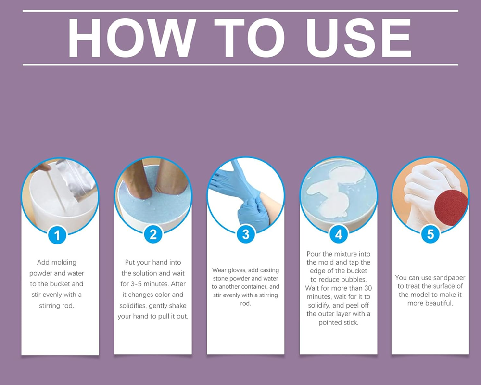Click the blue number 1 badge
(58, 235)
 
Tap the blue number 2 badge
(153, 234)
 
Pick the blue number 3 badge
(246, 234)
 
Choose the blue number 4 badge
(339, 234)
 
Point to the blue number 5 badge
(430, 234)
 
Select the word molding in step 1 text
(63, 263)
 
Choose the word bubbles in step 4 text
(357, 279)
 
